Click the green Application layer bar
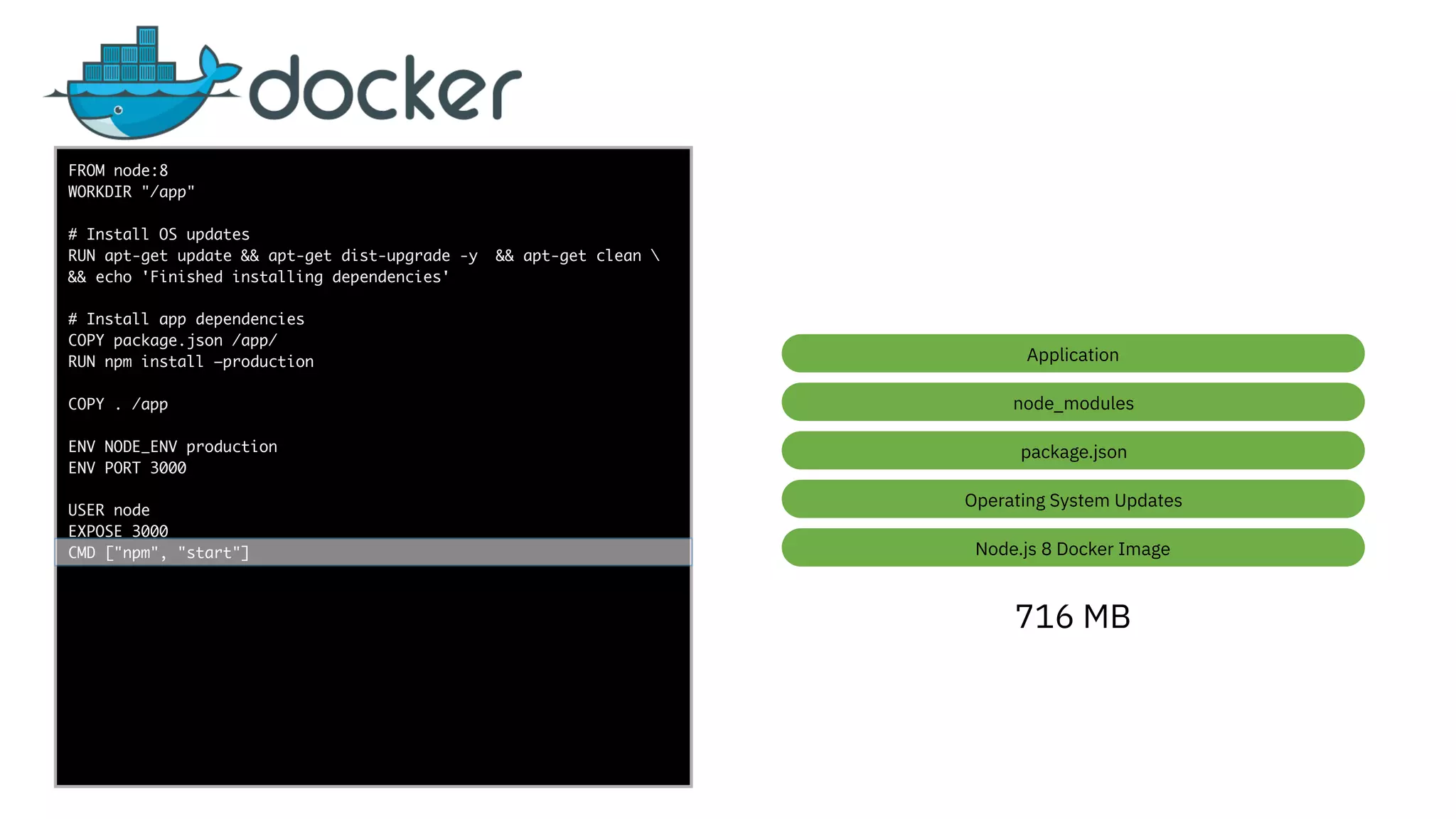click(x=1072, y=354)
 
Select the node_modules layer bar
click(x=1072, y=402)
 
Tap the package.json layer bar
click(x=1072, y=451)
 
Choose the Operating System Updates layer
click(x=1072, y=500)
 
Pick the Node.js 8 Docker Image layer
click(x=1072, y=548)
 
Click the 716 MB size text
click(x=1072, y=616)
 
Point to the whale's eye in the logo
click(x=119, y=110)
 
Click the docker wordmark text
click(x=385, y=89)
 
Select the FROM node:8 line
click(x=118, y=171)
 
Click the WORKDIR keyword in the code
click(x=100, y=192)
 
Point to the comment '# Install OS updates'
click(x=159, y=235)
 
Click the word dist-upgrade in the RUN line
click(x=395, y=256)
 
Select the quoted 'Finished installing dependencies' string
click(x=295, y=277)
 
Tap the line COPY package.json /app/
click(x=172, y=341)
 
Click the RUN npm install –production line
click(x=191, y=362)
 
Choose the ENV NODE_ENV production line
click(x=172, y=446)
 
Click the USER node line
click(x=109, y=510)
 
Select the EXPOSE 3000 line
click(x=118, y=530)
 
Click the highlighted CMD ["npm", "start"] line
click(x=159, y=552)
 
